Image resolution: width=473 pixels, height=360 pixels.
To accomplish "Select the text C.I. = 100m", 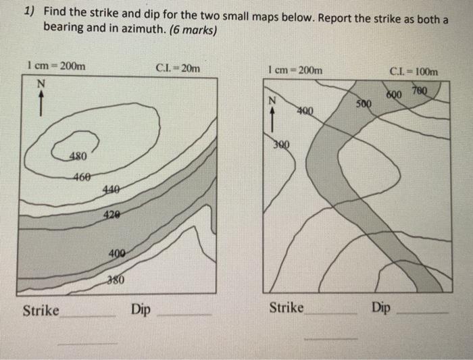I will pos(414,72).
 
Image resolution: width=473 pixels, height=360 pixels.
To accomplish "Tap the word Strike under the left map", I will pos(41,311).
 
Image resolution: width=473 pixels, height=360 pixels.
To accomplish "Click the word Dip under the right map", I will pos(380,308).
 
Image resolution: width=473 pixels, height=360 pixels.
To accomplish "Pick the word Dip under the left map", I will pos(141,310).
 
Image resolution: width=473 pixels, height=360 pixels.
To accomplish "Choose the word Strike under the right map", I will pos(287,308).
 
